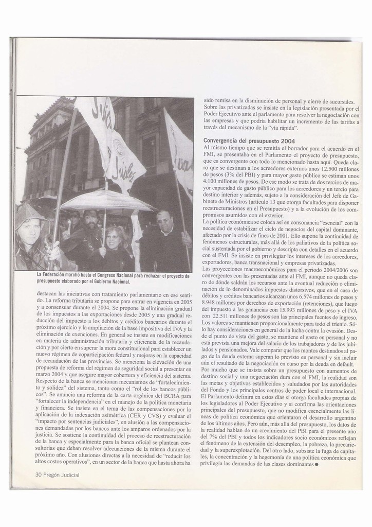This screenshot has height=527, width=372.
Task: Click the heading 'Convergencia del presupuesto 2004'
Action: pos(249,140)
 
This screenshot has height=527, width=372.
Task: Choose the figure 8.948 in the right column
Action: pos(211,304)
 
